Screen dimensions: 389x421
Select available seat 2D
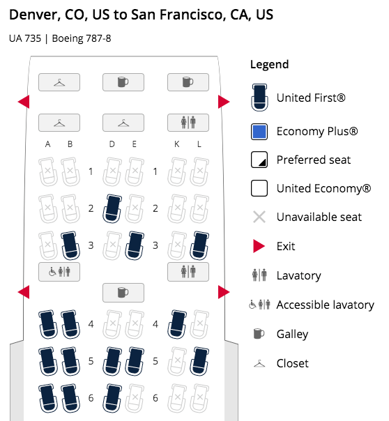coord(112,208)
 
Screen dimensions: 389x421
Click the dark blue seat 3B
coord(70,245)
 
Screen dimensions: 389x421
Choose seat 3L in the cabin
coord(199,245)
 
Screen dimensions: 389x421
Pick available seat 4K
coord(177,324)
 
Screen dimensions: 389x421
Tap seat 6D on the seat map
coord(112,398)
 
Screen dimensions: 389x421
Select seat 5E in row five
coord(135,361)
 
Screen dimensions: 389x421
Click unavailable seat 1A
coord(48,171)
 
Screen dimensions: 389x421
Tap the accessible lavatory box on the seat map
coord(59,272)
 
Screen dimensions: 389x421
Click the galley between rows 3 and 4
coord(123,292)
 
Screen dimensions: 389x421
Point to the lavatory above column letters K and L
coord(188,123)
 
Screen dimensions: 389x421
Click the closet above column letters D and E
coord(123,123)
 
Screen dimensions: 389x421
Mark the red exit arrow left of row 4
coord(24,292)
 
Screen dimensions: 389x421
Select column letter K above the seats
coord(176,144)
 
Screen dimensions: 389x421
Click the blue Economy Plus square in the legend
coord(259,132)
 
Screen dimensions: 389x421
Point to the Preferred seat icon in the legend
coord(259,160)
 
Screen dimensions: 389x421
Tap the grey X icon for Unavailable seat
coord(259,217)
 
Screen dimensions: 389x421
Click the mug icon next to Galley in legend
coord(259,334)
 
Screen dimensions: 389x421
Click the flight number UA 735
coord(25,38)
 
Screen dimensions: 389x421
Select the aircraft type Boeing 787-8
coord(82,38)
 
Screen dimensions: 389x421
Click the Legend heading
coord(269,65)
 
